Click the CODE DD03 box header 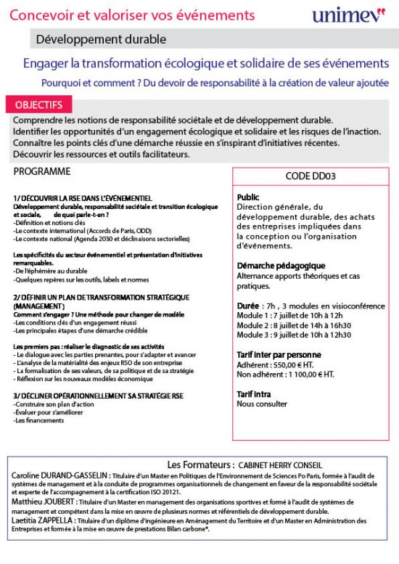point(310,176)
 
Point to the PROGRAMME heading point(42,172)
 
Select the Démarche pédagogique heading point(281,266)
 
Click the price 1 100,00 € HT point(316,375)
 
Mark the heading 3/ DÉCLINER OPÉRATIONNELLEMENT point(98,395)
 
